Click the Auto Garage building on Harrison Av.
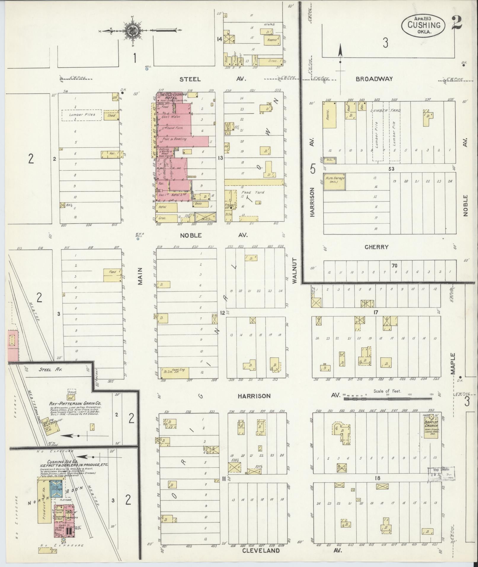coord(334,181)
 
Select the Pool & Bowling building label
coord(176,139)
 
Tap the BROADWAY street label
coord(374,79)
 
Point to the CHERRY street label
coord(376,247)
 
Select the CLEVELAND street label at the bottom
coord(261,551)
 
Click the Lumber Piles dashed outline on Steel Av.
coord(81,115)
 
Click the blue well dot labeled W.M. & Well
coord(138,239)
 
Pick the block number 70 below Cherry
coord(394,266)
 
